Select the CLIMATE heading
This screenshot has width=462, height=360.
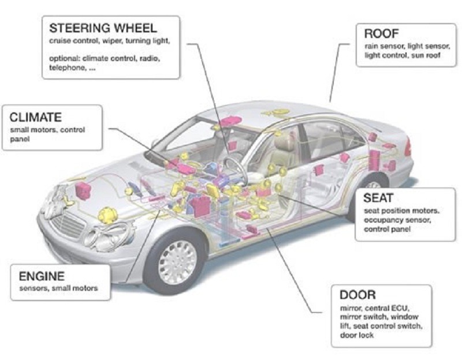pos(35,118)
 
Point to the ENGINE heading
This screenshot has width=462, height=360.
pos(42,276)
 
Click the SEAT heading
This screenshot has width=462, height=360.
pos(379,198)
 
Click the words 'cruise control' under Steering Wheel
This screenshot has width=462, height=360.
pos(70,42)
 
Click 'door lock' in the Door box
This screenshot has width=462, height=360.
pos(354,336)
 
